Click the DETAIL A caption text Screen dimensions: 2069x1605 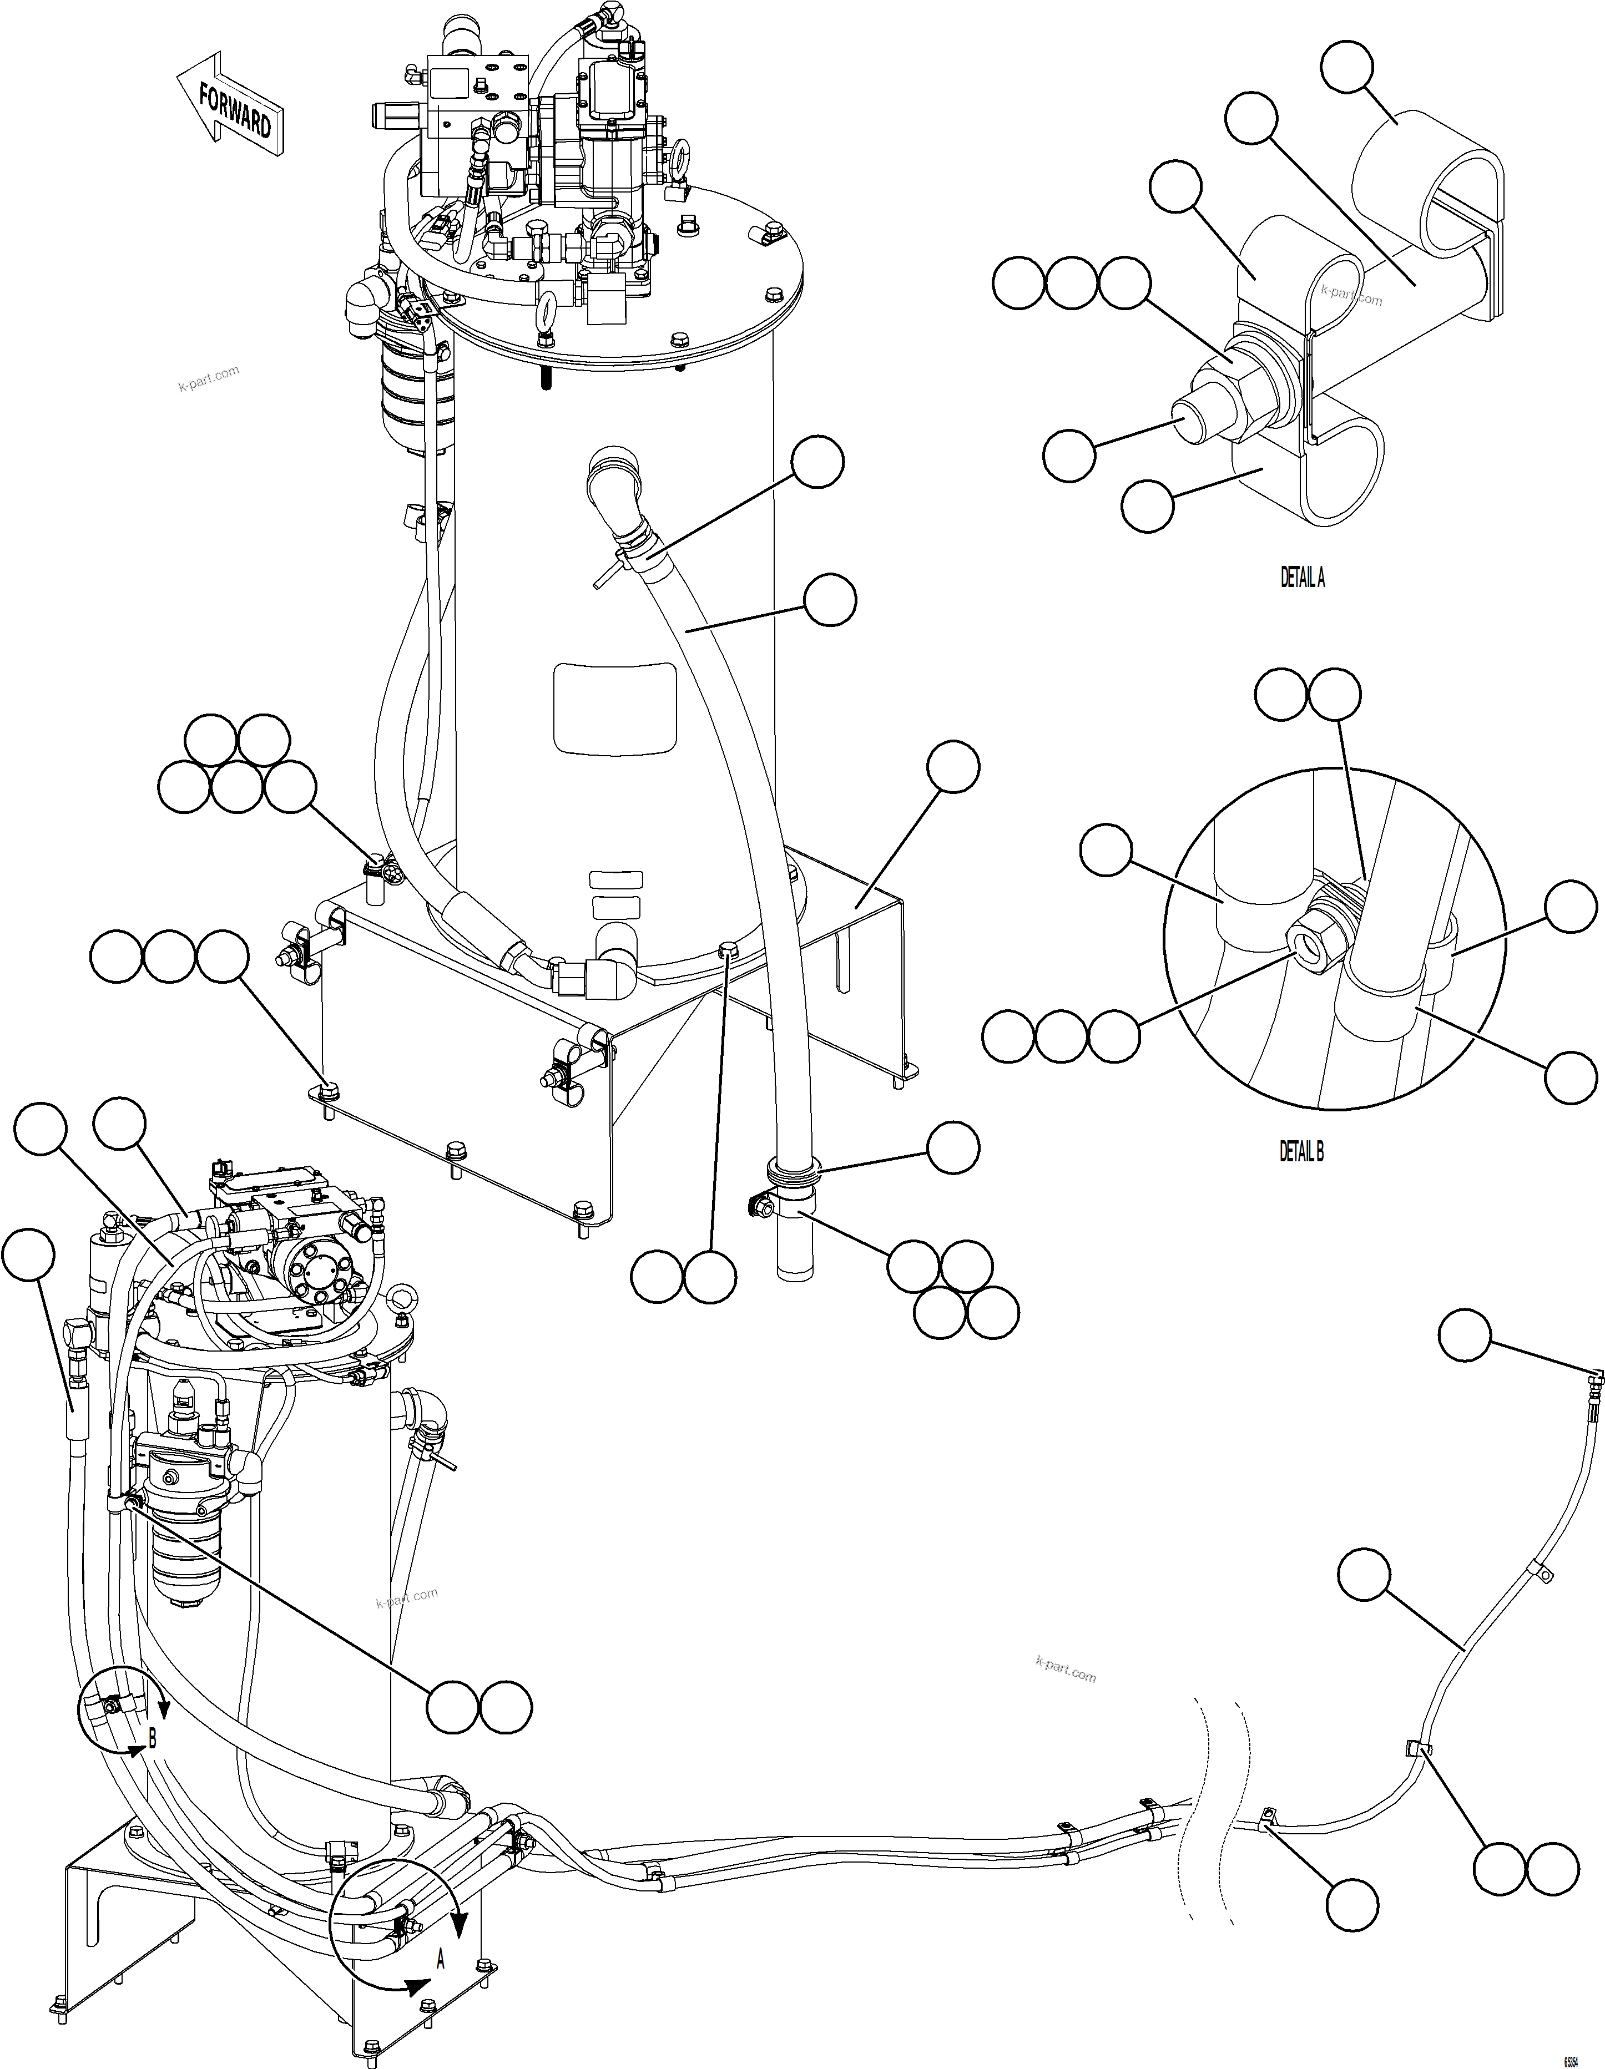click(1302, 579)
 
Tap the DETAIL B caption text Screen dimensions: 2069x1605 click(1301, 1151)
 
